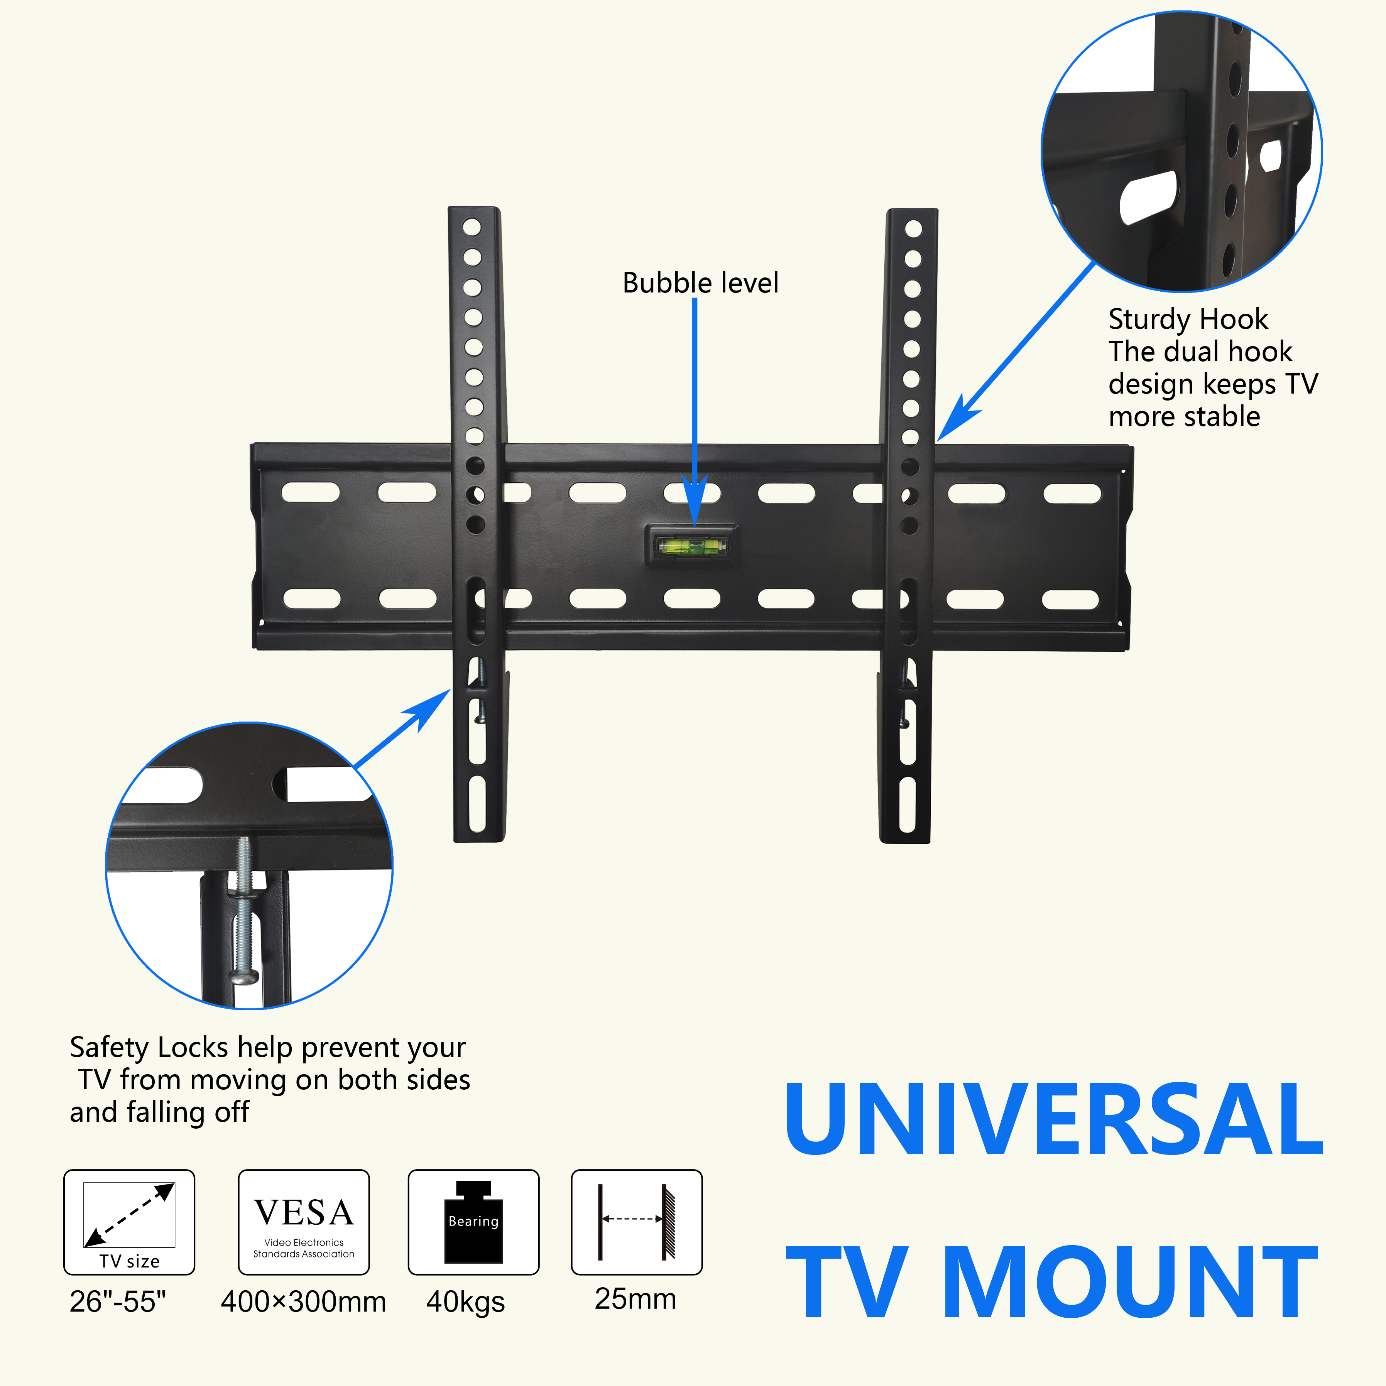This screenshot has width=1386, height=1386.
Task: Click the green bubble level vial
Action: coord(691,548)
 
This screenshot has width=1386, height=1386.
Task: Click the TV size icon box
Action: coord(129,1222)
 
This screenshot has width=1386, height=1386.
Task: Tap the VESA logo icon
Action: coord(303,1222)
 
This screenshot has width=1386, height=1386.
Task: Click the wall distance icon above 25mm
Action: coord(636,1222)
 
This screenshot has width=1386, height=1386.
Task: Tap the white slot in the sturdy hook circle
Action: coord(1148,195)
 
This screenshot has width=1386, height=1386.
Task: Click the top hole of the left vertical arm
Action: coord(472,227)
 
